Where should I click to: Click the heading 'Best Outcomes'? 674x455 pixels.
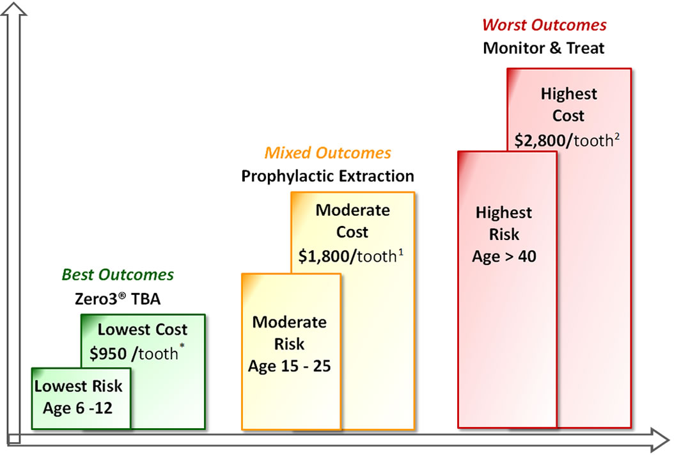point(118,275)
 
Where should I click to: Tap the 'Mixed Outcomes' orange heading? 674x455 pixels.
point(327,153)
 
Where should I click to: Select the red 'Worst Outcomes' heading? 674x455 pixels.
point(544,25)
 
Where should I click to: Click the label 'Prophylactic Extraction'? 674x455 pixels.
point(327,176)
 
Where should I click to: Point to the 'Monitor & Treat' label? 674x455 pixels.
point(544,48)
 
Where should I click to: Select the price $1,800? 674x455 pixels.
point(327,256)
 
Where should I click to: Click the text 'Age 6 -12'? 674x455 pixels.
point(77,408)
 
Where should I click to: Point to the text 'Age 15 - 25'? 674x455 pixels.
point(290,367)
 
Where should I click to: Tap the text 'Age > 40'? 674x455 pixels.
point(504,257)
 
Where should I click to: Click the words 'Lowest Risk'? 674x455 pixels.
point(78,386)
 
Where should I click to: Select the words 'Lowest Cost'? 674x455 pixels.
point(143,330)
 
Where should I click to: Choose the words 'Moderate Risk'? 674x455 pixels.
point(290,333)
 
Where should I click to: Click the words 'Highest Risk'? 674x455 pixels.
point(504,223)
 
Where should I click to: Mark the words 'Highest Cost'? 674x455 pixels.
point(568,105)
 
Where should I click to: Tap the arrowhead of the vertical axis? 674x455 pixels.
point(15,10)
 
